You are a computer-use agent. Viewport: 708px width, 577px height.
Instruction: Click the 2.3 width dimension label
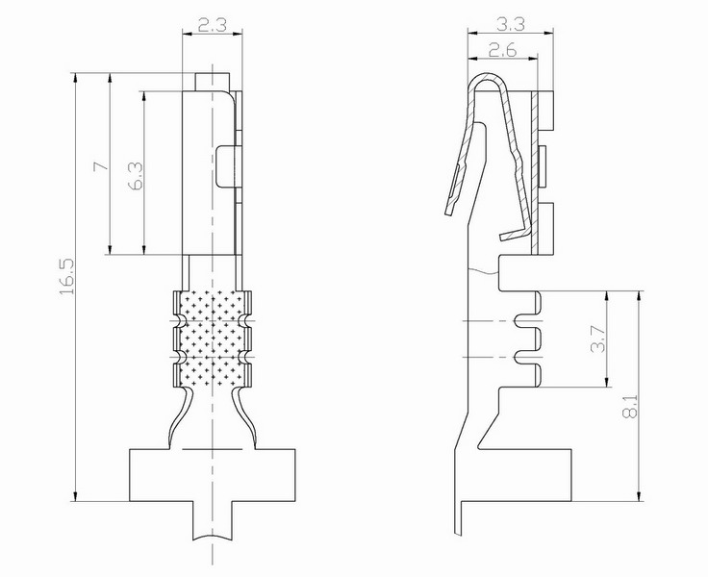(x=213, y=25)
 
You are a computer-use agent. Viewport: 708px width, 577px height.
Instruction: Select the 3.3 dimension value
(x=511, y=24)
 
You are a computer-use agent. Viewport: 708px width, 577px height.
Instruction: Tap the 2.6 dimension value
(x=502, y=50)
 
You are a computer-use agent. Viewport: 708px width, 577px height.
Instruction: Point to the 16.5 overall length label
(x=66, y=277)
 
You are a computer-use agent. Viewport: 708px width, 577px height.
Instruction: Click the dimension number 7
(x=101, y=166)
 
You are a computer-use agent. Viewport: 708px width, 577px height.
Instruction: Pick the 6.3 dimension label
(x=136, y=176)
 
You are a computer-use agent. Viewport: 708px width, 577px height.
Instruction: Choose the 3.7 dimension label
(x=597, y=339)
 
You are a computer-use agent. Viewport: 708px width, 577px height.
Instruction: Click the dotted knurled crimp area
(x=213, y=339)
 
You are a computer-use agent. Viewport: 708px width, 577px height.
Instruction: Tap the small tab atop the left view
(x=213, y=82)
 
